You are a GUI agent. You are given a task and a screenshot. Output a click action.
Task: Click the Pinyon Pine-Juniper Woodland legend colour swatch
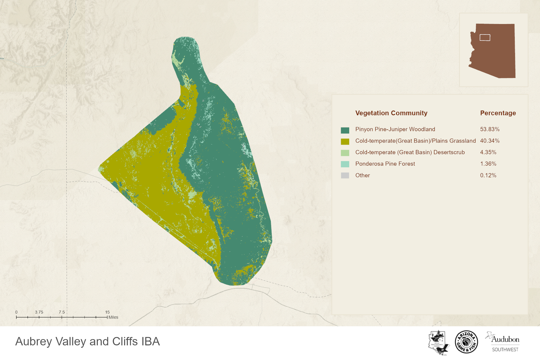coord(345,130)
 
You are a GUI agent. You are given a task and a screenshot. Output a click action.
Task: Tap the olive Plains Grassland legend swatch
coord(345,142)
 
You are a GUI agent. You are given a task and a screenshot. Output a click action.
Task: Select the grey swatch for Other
coord(345,175)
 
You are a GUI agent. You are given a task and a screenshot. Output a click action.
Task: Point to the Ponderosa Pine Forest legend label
coord(385,164)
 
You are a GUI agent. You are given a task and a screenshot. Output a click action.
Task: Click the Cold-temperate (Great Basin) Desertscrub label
coord(410,152)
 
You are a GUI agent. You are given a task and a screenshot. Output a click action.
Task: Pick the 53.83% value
coord(490,129)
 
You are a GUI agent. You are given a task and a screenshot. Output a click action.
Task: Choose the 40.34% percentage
coord(490,141)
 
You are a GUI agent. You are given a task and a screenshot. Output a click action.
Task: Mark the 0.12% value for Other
coord(488,175)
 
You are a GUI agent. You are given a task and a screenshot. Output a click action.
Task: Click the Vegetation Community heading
coord(391,113)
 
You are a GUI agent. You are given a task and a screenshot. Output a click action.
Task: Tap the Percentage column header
coord(498,113)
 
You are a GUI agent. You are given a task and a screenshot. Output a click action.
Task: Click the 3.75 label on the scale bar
coord(39,312)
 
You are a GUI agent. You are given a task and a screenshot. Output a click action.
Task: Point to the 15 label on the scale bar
coord(107,312)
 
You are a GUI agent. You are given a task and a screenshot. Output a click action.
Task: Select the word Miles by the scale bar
coord(113,317)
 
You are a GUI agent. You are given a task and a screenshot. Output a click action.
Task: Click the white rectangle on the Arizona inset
coord(485,37)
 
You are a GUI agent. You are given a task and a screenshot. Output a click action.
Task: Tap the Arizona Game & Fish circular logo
coord(466,342)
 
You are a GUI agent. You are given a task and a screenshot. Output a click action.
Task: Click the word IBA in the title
coord(151,342)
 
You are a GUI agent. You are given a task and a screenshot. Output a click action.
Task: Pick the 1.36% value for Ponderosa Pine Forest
coord(488,164)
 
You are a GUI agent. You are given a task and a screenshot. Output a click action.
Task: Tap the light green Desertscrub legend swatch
coord(345,153)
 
